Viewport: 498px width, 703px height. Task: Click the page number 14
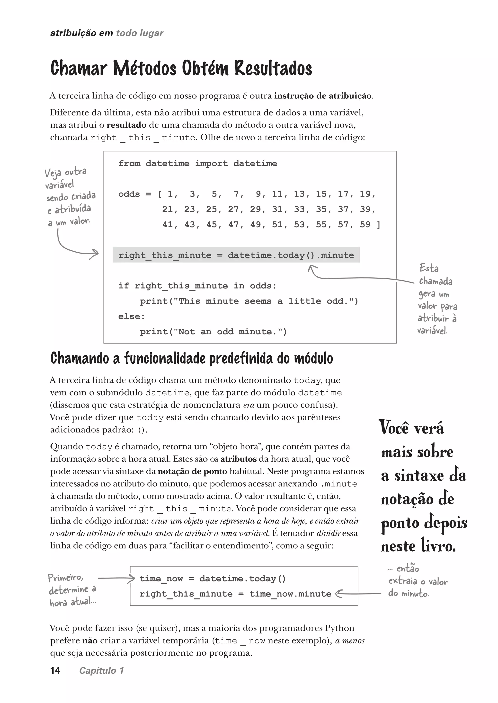tap(55, 670)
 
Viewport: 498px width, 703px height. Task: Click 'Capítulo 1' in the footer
tap(101, 670)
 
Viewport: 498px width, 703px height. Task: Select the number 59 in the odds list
tap(365, 225)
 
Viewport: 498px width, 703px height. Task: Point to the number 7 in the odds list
tap(236, 194)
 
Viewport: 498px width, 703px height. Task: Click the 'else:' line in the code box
tap(131, 316)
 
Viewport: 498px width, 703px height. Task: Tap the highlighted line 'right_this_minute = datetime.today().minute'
tap(236, 255)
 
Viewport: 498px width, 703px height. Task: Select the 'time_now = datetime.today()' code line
tap(213, 579)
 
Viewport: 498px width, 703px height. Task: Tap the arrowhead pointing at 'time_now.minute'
tap(338, 594)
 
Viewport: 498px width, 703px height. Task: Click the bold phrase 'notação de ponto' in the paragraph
tap(192, 472)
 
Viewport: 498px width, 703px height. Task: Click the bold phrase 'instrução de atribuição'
tap(323, 96)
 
